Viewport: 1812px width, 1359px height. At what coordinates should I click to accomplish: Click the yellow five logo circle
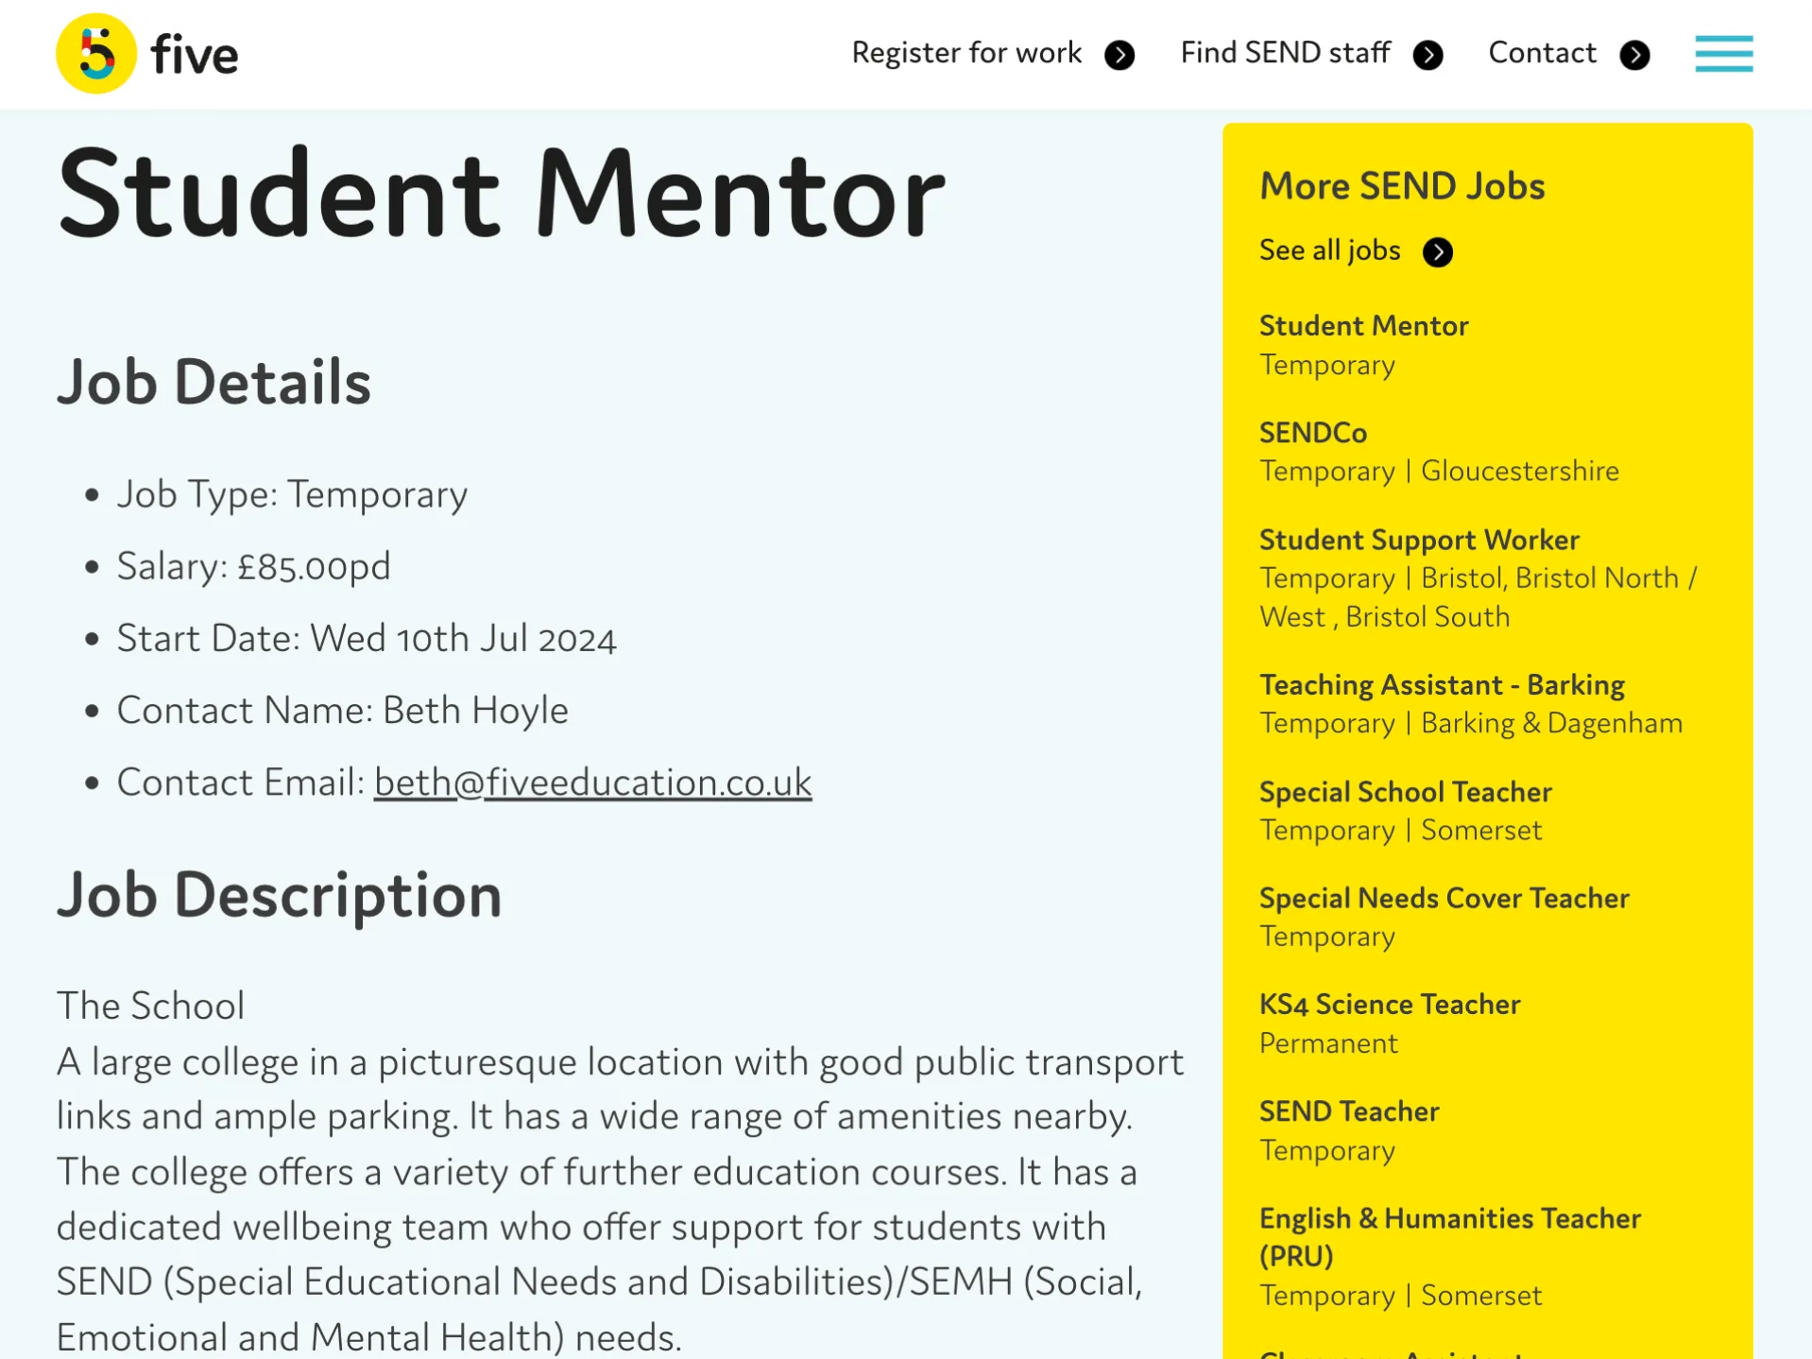tap(95, 54)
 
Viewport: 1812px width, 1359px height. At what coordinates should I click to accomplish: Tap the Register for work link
tap(966, 54)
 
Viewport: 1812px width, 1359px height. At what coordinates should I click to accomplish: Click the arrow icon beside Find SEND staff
tap(1427, 56)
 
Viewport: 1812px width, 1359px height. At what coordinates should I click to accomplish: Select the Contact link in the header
tap(1542, 54)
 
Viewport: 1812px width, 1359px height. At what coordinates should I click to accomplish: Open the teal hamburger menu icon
tap(1723, 54)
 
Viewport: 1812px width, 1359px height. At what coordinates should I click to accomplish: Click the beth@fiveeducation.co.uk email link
tap(592, 783)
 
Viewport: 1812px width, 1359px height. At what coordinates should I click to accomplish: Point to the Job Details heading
tap(214, 383)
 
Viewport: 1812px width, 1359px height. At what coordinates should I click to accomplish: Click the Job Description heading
tap(279, 895)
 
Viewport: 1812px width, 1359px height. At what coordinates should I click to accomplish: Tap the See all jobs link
tap(1329, 251)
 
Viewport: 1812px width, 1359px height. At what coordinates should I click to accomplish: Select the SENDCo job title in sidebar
tap(1312, 433)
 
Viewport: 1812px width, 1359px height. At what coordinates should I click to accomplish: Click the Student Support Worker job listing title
tap(1418, 540)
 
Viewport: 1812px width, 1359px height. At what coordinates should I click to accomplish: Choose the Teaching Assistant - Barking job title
tap(1441, 685)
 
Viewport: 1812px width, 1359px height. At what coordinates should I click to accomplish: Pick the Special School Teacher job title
tap(1405, 792)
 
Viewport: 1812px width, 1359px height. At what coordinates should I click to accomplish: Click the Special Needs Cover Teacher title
tap(1444, 898)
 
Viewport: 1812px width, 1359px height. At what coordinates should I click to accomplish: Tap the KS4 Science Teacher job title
tap(1389, 1005)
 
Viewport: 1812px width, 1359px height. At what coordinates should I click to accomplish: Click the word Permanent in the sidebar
tap(1327, 1043)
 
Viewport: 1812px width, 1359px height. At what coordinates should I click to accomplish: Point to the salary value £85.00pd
tap(314, 567)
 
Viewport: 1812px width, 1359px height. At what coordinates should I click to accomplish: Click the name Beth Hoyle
tap(475, 711)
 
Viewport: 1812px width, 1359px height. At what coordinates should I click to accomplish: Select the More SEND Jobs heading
tap(1401, 186)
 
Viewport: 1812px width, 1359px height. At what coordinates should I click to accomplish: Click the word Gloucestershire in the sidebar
tap(1519, 471)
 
